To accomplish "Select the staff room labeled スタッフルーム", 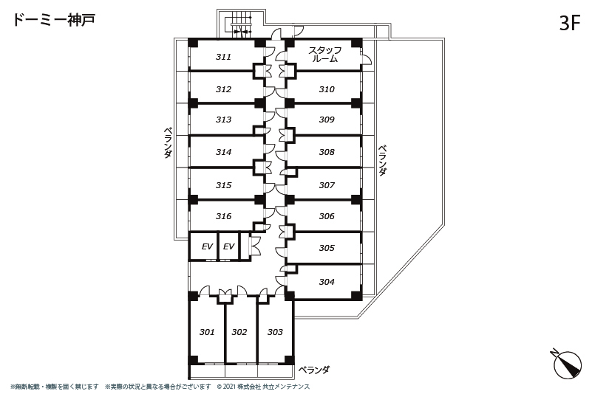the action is [x=324, y=55].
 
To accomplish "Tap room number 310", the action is [x=327, y=89].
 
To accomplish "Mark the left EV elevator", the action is [x=203, y=246].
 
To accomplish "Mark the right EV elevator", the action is [x=229, y=246].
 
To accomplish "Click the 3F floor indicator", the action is [x=569, y=23].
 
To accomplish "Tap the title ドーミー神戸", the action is [x=54, y=20].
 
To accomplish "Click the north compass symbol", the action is [x=566, y=364].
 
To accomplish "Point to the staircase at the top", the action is [x=241, y=24].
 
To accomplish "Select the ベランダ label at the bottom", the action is [x=314, y=370].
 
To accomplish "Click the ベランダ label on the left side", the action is [x=169, y=143].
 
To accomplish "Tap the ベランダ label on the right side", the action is [x=382, y=161].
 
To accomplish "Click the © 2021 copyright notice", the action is [x=263, y=387].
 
